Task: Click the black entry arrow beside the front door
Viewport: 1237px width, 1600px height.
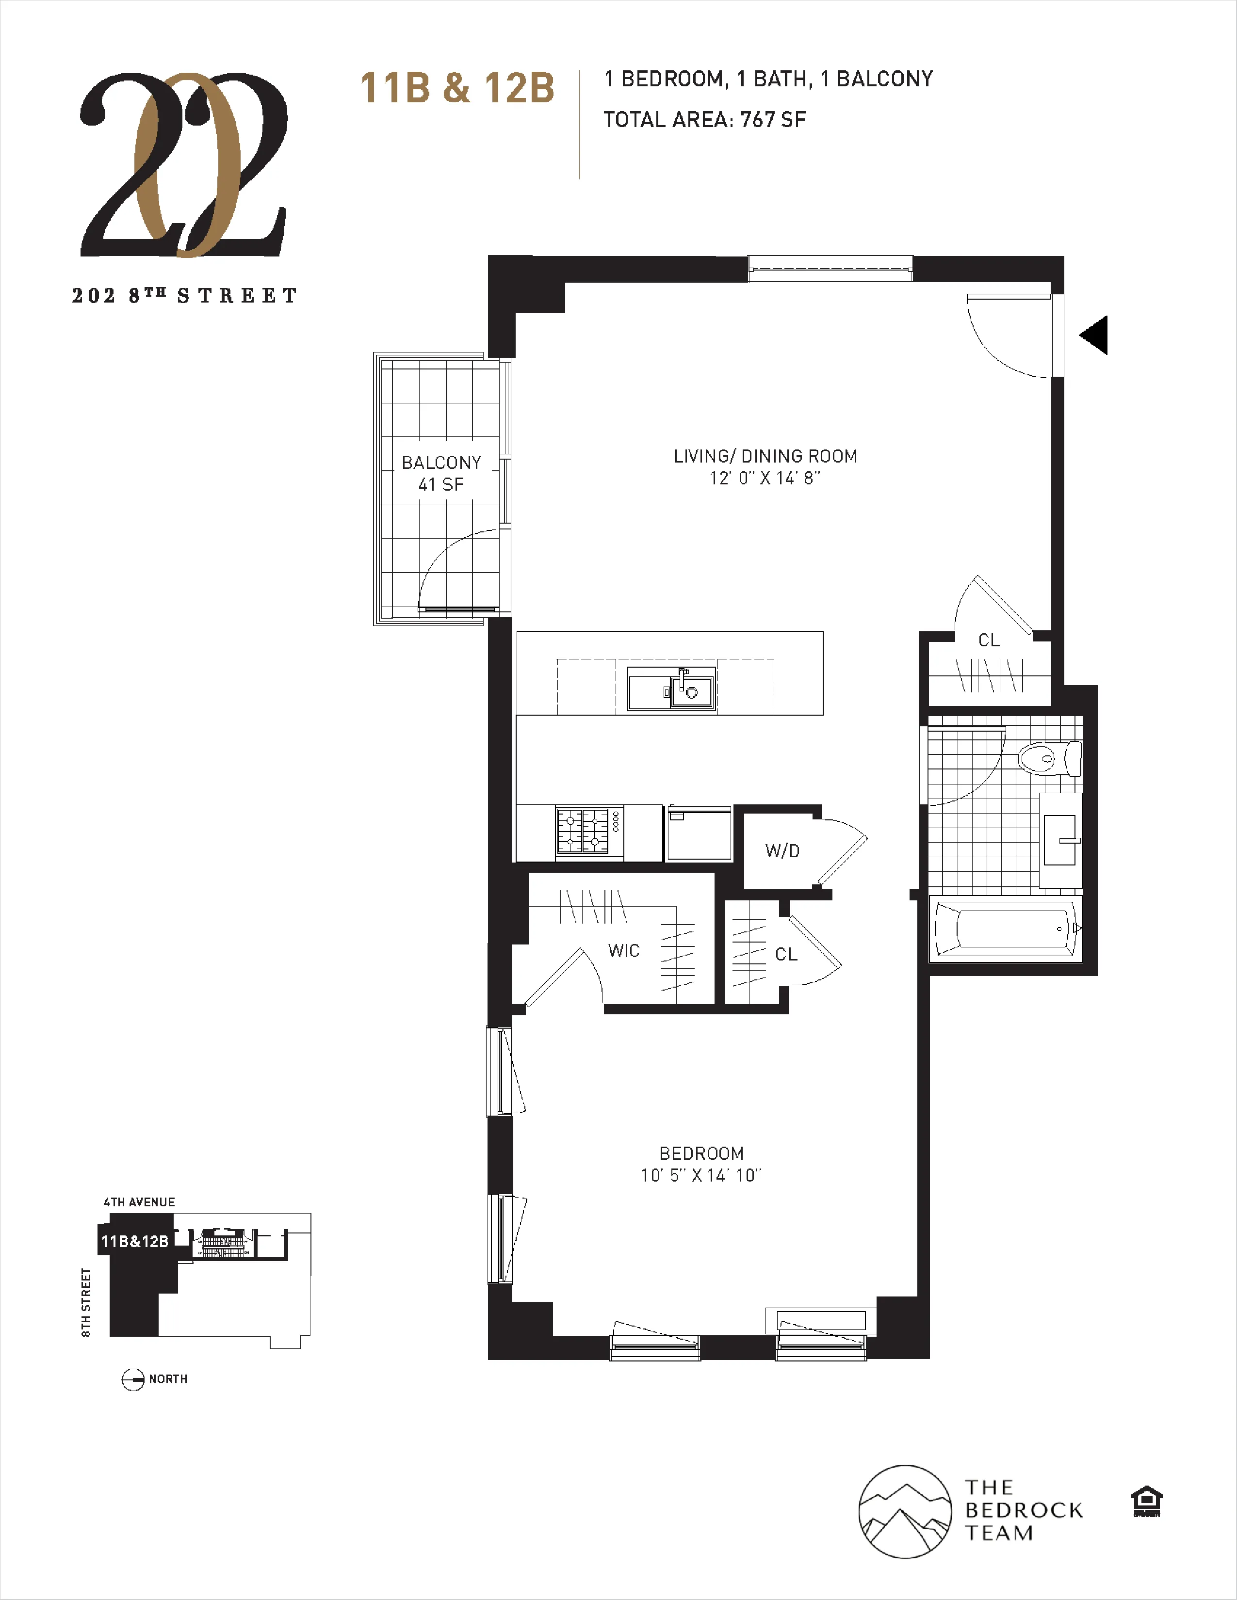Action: pos(1094,336)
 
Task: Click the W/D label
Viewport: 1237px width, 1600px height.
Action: pos(782,850)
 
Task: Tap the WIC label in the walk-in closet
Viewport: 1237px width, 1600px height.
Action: pos(624,951)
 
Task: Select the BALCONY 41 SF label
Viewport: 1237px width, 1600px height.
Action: pos(441,473)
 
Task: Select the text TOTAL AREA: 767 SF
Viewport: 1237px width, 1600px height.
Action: pos(704,119)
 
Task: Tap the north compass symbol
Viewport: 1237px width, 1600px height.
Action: pos(132,1379)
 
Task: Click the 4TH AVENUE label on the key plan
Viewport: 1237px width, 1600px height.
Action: pos(139,1202)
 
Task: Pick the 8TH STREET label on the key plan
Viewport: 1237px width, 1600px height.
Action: pos(86,1303)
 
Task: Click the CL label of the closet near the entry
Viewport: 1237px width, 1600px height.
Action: pos(989,640)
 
